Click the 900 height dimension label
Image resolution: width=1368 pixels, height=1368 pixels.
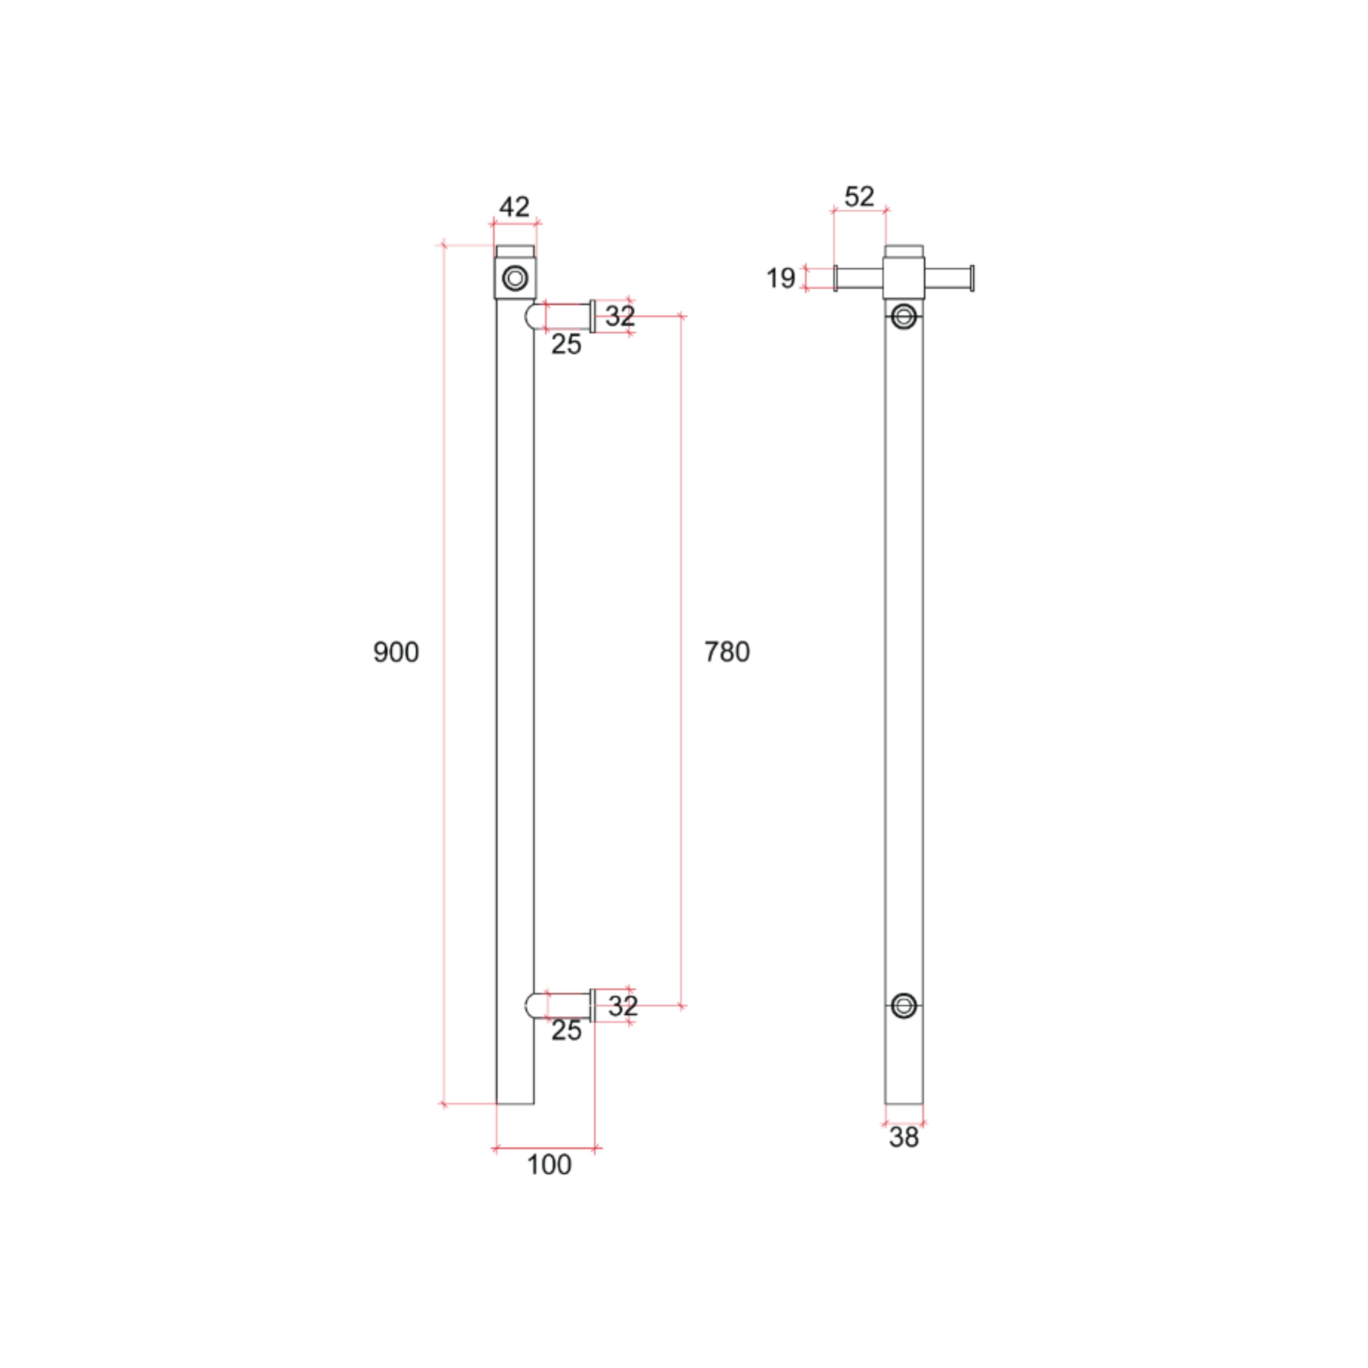[396, 652]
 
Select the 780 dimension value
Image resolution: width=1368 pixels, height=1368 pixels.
[726, 652]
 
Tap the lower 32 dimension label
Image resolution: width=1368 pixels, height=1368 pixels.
[623, 1005]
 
